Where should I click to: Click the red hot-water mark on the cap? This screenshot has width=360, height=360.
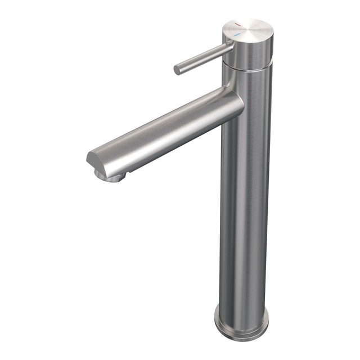pyautogui.click(x=237, y=25)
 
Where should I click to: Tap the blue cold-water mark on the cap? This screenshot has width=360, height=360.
pyautogui.click(x=237, y=34)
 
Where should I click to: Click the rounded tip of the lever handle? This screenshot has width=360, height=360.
pyautogui.click(x=177, y=70)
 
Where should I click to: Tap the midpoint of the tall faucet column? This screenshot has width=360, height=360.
pyautogui.click(x=245, y=191)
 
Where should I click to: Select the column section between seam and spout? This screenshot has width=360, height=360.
pyautogui.click(x=247, y=82)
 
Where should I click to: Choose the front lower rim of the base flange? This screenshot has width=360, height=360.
pyautogui.click(x=239, y=336)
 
